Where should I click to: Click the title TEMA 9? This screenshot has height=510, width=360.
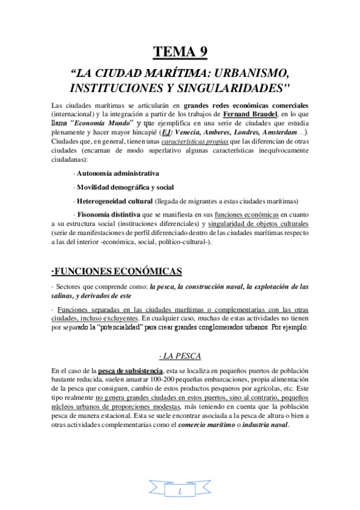[x=180, y=52]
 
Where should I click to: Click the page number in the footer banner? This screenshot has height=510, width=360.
[x=180, y=491]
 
